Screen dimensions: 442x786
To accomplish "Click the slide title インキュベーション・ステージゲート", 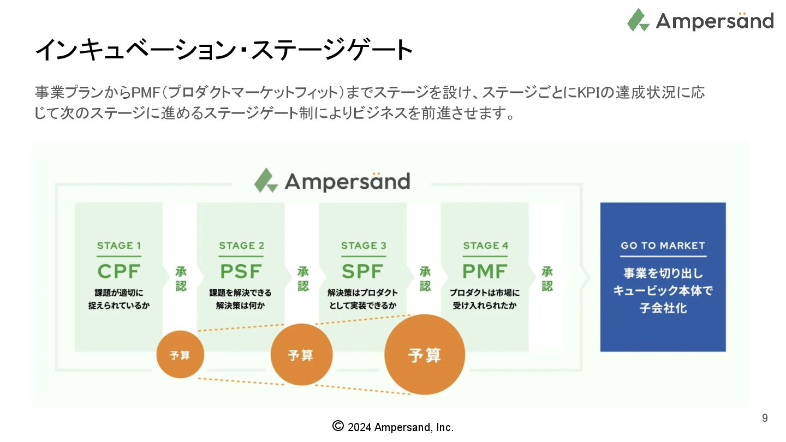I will point(224,50).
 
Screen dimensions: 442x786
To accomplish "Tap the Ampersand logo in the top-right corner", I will point(700,21).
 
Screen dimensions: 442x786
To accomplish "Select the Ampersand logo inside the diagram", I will point(332,181).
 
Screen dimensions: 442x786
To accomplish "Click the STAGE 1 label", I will point(119,246).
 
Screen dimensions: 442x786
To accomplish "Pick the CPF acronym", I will point(119,271).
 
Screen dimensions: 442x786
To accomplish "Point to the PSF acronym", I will point(241,271).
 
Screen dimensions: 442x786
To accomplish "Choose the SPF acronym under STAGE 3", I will point(363,271).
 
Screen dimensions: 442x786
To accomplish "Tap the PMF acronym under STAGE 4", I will point(485,271).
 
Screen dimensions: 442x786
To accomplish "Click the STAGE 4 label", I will point(485,246).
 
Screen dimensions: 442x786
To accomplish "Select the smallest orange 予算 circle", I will point(180,355).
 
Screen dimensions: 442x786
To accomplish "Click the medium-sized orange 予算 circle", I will point(301,355).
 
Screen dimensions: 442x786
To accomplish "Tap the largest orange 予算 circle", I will point(425,355).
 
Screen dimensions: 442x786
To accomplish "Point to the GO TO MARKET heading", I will point(663,246).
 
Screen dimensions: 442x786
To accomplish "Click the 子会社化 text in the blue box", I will point(663,308).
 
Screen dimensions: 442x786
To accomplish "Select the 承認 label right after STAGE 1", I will point(181,279).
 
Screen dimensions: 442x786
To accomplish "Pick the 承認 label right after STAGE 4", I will point(547,279).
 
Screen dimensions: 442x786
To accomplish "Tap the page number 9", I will point(765,418).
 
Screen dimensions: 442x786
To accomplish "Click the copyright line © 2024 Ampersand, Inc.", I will point(393,427).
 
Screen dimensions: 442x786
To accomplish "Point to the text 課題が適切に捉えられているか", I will point(119,299).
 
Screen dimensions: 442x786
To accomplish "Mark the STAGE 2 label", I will point(241,246).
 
